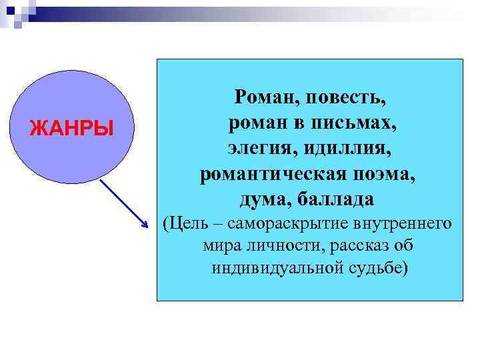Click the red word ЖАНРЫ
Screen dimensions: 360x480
(72, 126)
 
